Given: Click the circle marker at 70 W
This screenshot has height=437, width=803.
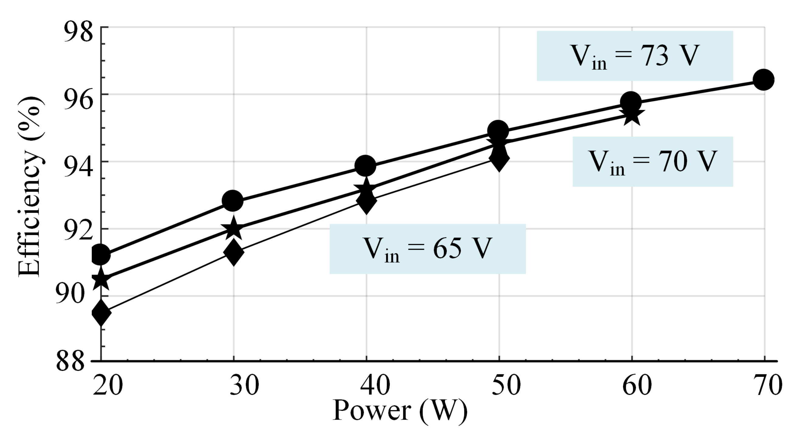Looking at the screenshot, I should click(x=763, y=80).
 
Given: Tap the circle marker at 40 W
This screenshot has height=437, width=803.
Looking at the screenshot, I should click(x=365, y=165).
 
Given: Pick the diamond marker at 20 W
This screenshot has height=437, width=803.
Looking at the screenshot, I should click(x=101, y=313).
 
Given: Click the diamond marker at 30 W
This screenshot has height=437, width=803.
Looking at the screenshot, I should click(x=234, y=252).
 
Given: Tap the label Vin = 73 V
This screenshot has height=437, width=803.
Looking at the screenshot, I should click(x=635, y=56).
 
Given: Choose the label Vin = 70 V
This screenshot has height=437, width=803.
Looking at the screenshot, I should click(x=652, y=162).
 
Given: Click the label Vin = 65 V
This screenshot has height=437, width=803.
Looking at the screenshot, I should click(x=427, y=249).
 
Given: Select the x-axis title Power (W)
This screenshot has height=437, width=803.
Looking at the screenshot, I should click(x=400, y=411).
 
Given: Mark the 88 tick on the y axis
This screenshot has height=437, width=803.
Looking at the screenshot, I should click(x=71, y=361).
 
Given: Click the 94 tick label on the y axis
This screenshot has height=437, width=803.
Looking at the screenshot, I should click(x=78, y=166).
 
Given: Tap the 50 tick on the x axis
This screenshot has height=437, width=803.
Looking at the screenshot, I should click(x=506, y=385).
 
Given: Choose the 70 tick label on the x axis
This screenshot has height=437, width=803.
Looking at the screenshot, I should click(x=767, y=385).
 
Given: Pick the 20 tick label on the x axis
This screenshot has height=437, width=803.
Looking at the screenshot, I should click(x=108, y=385).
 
